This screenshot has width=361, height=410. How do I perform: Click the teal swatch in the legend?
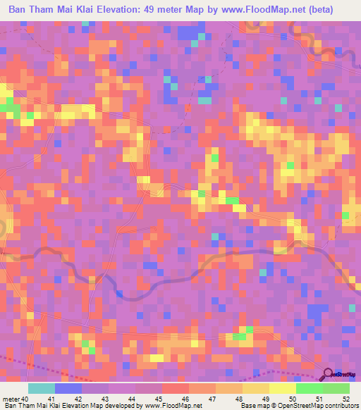click(42, 388)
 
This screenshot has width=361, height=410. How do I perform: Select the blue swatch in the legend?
click(68, 388)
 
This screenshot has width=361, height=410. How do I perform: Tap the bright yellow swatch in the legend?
click(283, 388)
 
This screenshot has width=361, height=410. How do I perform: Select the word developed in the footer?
click(124, 406)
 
